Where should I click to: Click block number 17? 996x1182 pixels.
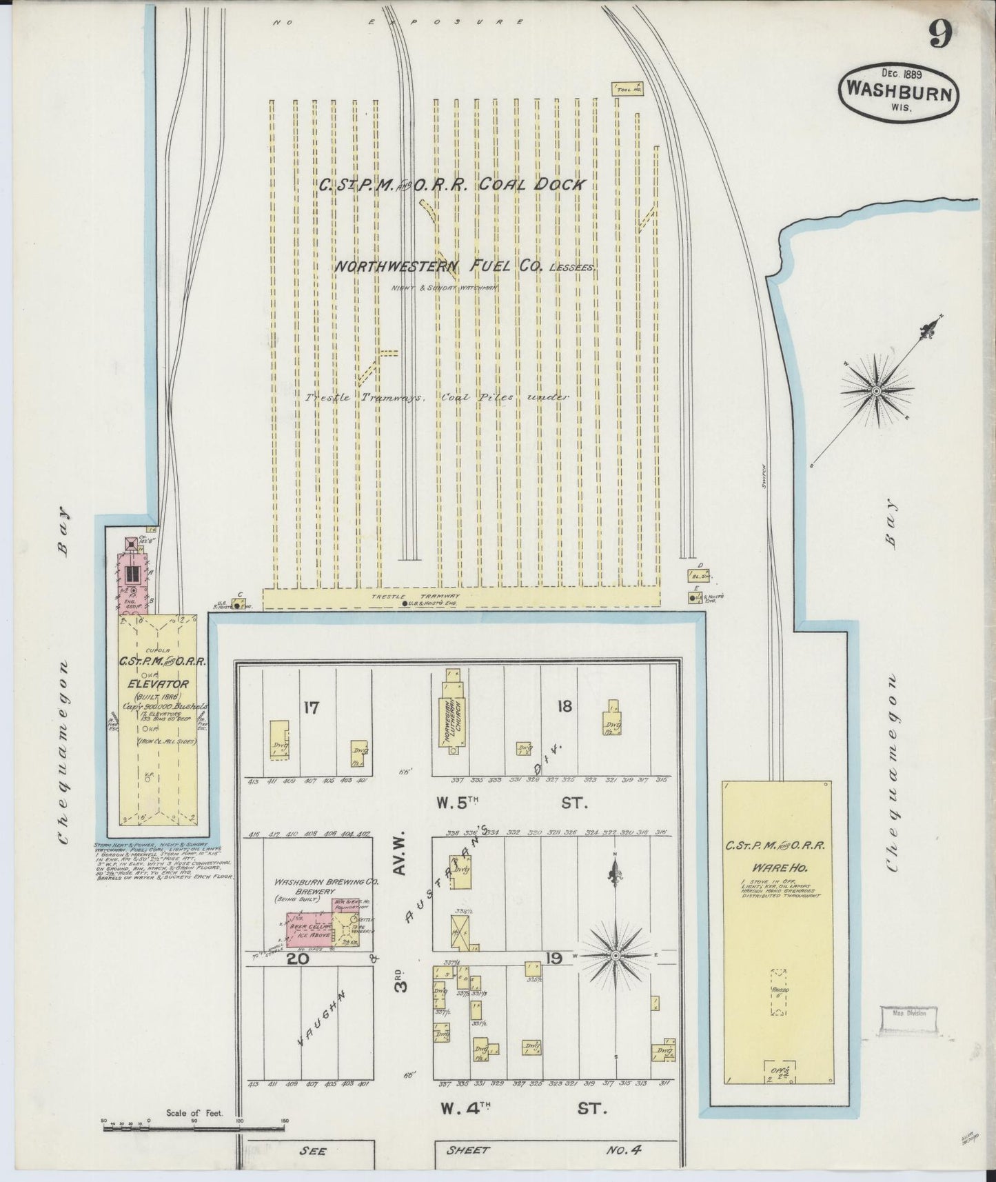(x=312, y=707)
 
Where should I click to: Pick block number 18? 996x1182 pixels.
(x=565, y=705)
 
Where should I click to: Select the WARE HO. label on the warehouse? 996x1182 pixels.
(x=775, y=864)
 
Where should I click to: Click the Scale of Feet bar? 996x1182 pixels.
(x=193, y=1129)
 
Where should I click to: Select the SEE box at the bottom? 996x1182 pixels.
(x=312, y=1150)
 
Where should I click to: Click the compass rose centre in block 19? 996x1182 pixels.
(x=616, y=955)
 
